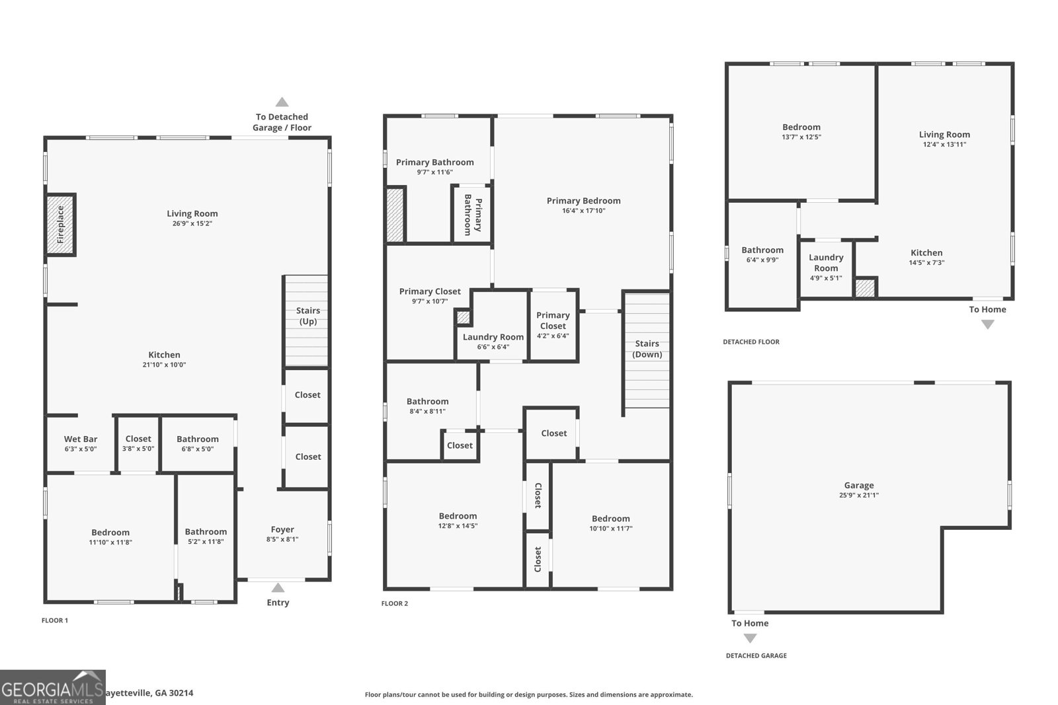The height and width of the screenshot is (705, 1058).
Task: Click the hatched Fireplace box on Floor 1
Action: pyautogui.click(x=60, y=225)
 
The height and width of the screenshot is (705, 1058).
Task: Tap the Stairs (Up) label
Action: pyautogui.click(x=307, y=316)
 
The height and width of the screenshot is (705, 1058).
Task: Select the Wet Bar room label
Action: pyautogui.click(x=81, y=439)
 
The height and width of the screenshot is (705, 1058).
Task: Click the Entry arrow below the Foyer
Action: pyautogui.click(x=278, y=587)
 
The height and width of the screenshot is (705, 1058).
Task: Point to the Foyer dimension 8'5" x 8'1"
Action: pyautogui.click(x=282, y=539)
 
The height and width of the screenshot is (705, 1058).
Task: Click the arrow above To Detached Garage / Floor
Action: pyautogui.click(x=282, y=102)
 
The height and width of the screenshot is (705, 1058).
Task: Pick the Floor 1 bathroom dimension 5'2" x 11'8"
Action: pyautogui.click(x=206, y=542)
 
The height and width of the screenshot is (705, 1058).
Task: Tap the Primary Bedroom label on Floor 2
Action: pyautogui.click(x=583, y=201)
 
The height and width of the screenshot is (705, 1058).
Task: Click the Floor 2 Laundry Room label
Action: pyautogui.click(x=493, y=337)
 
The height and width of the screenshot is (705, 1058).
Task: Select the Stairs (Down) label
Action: pyautogui.click(x=647, y=349)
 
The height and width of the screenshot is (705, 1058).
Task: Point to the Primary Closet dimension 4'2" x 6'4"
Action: pyautogui.click(x=553, y=336)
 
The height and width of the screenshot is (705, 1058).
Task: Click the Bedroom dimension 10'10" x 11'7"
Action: pyautogui.click(x=610, y=529)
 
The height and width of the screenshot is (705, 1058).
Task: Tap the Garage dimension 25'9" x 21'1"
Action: pyautogui.click(x=858, y=495)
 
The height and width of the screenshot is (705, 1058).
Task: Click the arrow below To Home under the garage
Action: pyautogui.click(x=750, y=638)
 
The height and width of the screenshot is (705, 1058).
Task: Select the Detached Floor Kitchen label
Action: pyautogui.click(x=926, y=252)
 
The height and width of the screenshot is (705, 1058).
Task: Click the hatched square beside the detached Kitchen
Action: pyautogui.click(x=865, y=288)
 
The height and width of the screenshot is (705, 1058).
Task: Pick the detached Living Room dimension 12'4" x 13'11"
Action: pyautogui.click(x=944, y=144)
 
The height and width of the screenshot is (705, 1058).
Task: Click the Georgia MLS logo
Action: pyautogui.click(x=52, y=688)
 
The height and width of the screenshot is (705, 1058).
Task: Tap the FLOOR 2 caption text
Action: pyautogui.click(x=395, y=603)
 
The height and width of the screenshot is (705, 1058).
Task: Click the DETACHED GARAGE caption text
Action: pyautogui.click(x=756, y=655)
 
